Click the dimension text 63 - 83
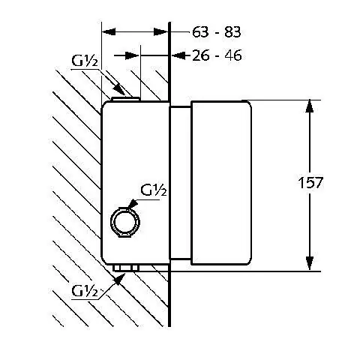click(217, 32)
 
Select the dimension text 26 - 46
click(217, 55)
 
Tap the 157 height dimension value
click(310, 182)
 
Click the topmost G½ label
click(85, 61)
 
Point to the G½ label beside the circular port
click(154, 190)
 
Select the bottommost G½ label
click(85, 290)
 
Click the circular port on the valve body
click(125, 222)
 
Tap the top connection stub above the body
click(126, 99)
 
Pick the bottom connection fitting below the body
click(126, 268)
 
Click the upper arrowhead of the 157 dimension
click(310, 106)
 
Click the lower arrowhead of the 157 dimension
click(310, 263)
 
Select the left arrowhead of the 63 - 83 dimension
click(109, 31)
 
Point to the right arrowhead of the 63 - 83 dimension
click(160, 31)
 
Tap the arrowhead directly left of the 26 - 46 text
click(179, 55)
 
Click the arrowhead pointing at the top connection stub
click(119, 90)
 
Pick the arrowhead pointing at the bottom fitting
click(119, 280)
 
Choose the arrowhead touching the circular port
click(133, 203)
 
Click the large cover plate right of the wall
click(221, 182)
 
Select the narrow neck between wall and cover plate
click(180, 183)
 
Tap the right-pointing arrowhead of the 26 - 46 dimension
click(132, 55)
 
